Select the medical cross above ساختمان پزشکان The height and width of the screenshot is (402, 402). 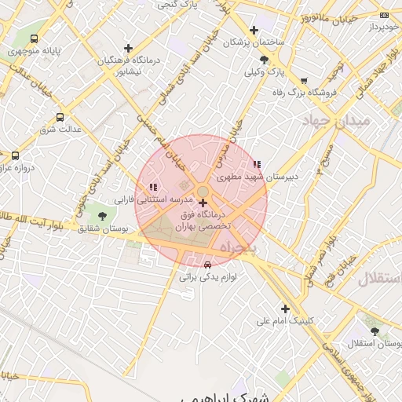tap(254, 30)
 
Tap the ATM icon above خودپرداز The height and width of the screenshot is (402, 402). tap(383, 15)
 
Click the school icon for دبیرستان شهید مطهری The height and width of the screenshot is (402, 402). tap(257, 164)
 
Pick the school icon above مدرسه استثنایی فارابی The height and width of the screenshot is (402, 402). tap(152, 187)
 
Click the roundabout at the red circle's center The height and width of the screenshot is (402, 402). tap(203, 192)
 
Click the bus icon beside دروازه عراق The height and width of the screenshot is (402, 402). tap(15, 155)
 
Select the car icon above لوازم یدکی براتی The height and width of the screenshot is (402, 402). tap(207, 265)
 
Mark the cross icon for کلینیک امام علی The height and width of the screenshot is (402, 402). tap(285, 309)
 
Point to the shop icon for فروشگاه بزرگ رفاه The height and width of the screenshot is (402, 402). tap(304, 80)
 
